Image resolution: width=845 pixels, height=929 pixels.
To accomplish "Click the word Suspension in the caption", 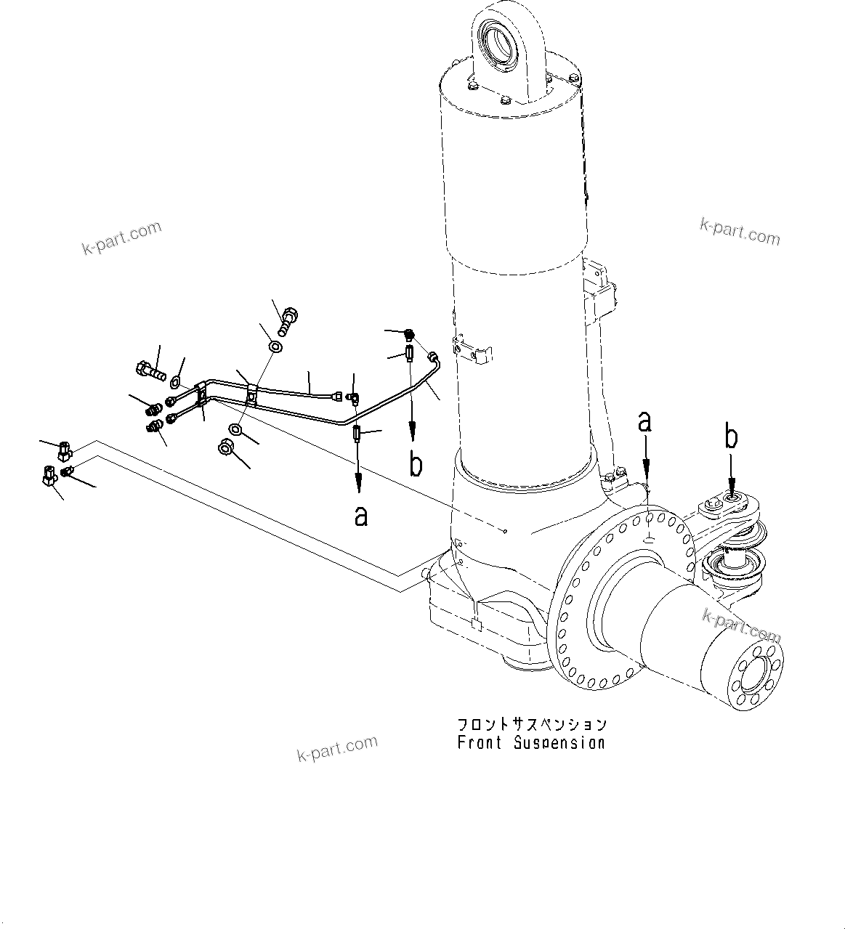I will tap(559, 743).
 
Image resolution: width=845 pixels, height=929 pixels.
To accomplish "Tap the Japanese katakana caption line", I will tap(531, 725).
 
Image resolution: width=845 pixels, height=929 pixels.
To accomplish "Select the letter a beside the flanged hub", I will tap(644, 421).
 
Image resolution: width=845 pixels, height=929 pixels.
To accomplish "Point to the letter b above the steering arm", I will tap(732, 437).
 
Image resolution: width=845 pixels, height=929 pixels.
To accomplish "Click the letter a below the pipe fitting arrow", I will tap(360, 516).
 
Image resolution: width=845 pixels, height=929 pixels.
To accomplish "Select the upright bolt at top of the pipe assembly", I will tap(287, 320).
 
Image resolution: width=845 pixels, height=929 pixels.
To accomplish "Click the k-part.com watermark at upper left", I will tap(121, 239).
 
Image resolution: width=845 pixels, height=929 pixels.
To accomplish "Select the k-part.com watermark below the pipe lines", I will tap(337, 748).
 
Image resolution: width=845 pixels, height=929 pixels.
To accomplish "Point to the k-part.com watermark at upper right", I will tap(739, 232).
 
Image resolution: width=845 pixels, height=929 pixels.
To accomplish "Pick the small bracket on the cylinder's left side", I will tap(472, 350).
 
